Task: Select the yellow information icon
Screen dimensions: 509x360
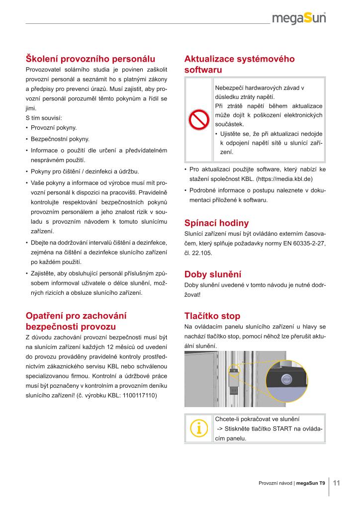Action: tap(198, 428)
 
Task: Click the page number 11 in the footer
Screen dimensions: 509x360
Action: tap(337, 483)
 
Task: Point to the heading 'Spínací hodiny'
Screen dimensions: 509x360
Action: tap(216, 223)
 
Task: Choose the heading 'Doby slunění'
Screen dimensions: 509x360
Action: tap(212, 274)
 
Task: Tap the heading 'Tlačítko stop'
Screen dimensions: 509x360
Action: tap(212, 316)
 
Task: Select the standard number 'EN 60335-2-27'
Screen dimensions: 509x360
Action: tap(304, 244)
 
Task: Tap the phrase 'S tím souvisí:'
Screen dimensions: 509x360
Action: tap(43, 118)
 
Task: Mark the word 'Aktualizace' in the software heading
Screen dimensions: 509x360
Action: tap(209, 59)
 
